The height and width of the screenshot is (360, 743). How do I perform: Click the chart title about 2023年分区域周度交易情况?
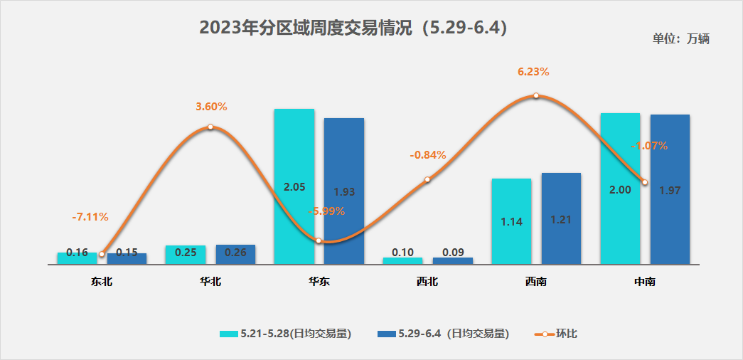click(x=353, y=28)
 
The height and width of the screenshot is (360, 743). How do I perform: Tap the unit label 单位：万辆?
click(x=680, y=39)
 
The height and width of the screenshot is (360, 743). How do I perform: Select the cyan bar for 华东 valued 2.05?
click(x=294, y=186)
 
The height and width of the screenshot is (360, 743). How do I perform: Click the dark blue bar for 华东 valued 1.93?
click(x=343, y=191)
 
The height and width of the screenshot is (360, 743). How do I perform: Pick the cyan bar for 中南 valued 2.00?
click(x=620, y=189)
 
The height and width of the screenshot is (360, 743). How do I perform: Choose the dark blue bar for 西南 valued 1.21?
click(x=561, y=218)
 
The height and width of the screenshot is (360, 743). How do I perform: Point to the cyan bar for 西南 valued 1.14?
click(x=511, y=221)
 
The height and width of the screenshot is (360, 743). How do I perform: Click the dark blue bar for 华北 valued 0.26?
click(x=235, y=254)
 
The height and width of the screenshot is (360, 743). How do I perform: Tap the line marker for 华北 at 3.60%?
click(x=210, y=127)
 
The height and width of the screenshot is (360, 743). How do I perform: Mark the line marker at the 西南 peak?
click(x=536, y=96)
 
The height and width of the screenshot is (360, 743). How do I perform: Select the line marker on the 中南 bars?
click(x=644, y=182)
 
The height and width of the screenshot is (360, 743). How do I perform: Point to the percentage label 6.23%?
click(x=533, y=72)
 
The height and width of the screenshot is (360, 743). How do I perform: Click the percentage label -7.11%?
click(x=90, y=216)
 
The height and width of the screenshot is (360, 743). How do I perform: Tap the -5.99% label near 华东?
click(x=326, y=211)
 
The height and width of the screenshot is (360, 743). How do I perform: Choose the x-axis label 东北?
click(x=102, y=282)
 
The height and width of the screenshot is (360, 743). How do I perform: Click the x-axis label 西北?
click(x=427, y=282)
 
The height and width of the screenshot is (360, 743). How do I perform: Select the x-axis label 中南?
click(x=645, y=282)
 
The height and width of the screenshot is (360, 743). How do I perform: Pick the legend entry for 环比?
click(x=557, y=333)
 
